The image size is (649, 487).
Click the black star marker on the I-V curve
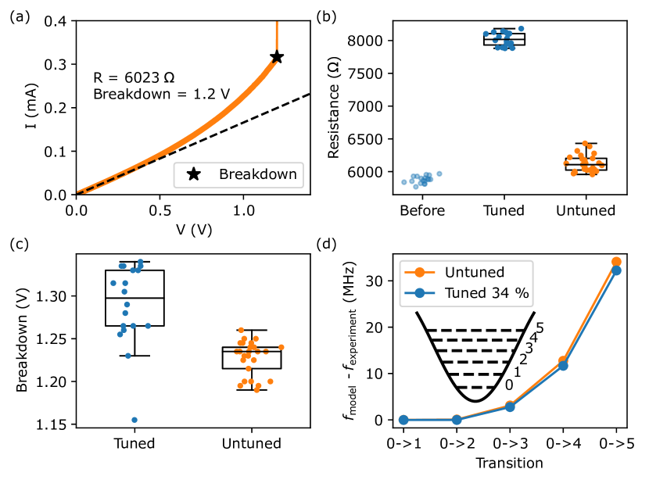coord(276,57)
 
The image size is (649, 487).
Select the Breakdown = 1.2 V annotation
coord(161,95)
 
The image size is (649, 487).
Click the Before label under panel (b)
coord(422,210)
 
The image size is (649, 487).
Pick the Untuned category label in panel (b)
coord(586,210)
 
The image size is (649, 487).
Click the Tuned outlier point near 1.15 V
coord(135,421)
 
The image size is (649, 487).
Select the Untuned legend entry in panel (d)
coord(465,273)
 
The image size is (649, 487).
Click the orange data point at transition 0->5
coord(616,262)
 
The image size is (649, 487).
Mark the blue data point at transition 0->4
coord(563,365)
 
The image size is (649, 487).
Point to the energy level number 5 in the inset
coord(540,328)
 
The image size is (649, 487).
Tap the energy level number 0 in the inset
coord(510,385)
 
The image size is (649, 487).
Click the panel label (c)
coord(19,243)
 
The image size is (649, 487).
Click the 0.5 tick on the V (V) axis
coord(160,210)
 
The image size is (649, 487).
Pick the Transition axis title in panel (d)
coord(510,463)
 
